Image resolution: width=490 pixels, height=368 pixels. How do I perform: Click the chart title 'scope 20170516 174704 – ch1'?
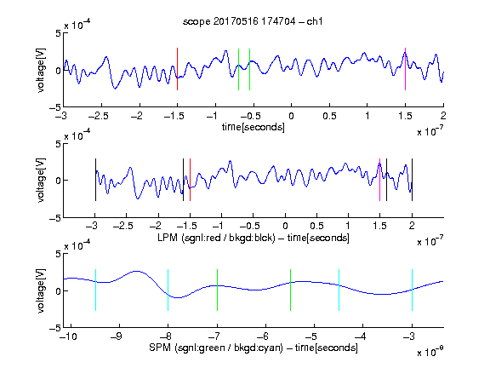tap(253, 21)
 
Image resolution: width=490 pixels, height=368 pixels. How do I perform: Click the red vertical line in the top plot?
tap(177, 69)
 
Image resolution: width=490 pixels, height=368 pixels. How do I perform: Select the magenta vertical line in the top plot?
tap(405, 69)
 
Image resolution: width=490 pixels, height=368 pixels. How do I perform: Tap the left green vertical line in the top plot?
tap(238, 69)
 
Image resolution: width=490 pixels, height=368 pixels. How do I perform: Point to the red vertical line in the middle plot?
tap(190, 180)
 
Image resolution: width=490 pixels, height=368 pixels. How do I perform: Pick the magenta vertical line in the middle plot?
tap(379, 180)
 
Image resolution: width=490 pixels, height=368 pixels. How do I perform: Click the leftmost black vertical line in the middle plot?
tap(95, 180)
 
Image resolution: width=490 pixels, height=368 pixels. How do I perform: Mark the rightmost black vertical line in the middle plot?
tap(412, 180)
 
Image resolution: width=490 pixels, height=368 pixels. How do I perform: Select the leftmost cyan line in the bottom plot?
tap(95, 290)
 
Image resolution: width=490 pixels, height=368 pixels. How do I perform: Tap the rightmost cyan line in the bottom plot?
tap(412, 290)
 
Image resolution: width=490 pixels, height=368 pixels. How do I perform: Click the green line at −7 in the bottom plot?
tap(217, 290)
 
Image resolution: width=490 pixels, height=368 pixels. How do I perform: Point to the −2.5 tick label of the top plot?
tap(99, 116)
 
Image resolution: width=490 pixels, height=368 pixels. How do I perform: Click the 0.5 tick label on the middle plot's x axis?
tap(316, 226)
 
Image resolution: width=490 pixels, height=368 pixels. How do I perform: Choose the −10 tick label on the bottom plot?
tap(68, 336)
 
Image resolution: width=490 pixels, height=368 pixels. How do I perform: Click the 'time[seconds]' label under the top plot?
tap(254, 127)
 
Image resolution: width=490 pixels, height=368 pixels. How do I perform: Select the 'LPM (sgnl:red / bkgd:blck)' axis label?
tap(216, 238)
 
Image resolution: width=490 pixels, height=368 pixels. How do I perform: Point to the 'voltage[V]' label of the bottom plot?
tap(41, 290)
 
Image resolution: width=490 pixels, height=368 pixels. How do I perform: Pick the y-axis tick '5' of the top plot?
tap(58, 33)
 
